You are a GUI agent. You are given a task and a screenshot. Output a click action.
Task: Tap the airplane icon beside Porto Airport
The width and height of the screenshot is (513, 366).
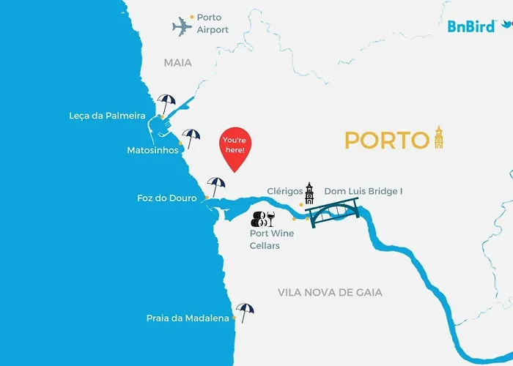coord(182,28)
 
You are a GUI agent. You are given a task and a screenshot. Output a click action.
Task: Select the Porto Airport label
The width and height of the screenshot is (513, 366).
coord(213,23)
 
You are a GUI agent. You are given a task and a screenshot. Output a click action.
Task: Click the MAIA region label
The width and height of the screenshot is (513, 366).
coord(178,63)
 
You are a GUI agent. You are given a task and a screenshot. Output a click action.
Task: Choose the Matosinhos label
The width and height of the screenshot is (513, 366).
coord(152,150)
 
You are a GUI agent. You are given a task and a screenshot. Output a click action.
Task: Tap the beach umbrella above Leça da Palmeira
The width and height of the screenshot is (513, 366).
coord(166,103)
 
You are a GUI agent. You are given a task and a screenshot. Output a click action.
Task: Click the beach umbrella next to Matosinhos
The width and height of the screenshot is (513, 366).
coord(191,137)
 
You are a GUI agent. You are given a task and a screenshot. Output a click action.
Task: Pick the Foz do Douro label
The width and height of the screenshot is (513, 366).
coord(166,198)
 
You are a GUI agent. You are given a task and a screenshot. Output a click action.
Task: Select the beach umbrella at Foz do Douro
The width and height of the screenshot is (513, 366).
coord(215,186)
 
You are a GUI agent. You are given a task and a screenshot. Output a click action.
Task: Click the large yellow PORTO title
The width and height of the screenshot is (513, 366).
coord(386,140)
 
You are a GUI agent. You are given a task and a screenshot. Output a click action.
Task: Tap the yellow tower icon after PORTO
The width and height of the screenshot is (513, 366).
coord(439,137)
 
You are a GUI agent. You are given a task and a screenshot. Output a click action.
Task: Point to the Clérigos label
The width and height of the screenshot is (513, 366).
coord(285,191)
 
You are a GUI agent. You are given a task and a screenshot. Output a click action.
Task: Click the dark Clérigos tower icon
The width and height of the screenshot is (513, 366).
coord(309,193)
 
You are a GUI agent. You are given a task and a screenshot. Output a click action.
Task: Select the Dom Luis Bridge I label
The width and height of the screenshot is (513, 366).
coord(363,191)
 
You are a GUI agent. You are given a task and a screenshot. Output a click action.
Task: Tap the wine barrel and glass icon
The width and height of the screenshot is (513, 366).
coord(263,218)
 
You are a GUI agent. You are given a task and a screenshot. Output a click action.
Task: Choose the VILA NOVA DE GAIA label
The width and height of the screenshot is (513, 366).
coord(330,292)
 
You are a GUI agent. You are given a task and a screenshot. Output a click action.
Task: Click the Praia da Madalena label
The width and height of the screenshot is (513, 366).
coord(187,318)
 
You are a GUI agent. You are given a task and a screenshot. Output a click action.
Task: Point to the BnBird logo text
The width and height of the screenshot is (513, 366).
coord(471,26)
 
